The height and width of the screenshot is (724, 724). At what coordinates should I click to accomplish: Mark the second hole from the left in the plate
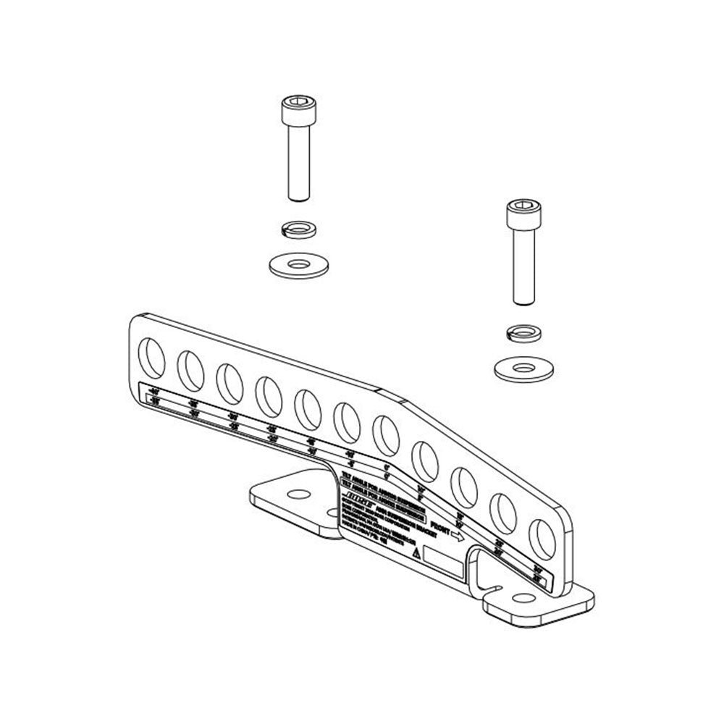tap(192, 368)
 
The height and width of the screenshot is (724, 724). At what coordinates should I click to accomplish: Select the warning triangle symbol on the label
tap(416, 552)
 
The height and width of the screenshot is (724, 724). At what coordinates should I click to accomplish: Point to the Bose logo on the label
tap(358, 495)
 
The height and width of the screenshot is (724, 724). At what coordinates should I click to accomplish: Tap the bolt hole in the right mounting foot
tap(521, 597)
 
